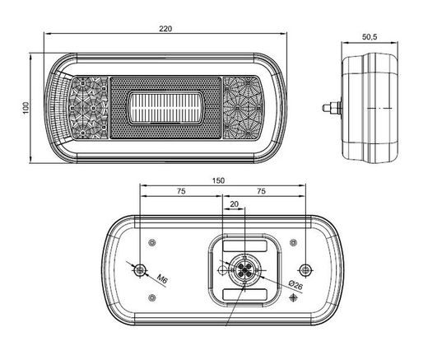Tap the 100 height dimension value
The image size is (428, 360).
26,107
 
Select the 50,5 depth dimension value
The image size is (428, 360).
369,36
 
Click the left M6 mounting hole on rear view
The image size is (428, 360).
141,270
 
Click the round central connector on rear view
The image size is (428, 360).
245,269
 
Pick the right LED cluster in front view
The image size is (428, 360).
246,107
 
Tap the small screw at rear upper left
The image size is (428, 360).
154,241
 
